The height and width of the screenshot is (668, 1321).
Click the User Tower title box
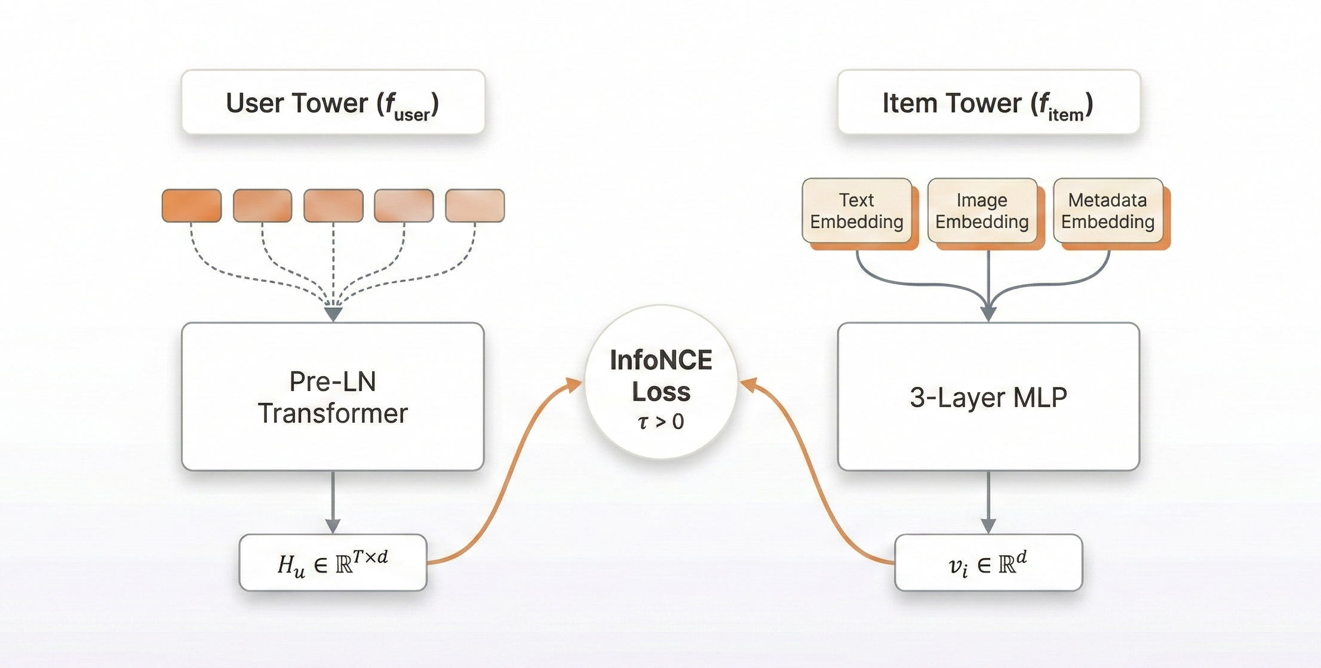[333, 102]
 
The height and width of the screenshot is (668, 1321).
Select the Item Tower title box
[989, 102]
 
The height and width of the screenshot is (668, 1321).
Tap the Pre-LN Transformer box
[333, 397]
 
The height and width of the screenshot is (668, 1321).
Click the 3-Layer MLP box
[989, 397]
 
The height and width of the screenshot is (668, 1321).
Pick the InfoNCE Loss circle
[661, 382]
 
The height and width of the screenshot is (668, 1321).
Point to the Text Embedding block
[858, 211]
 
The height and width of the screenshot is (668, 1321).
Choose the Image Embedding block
[983, 211]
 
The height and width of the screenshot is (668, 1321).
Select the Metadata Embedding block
[1108, 211]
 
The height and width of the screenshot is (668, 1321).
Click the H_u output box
[333, 563]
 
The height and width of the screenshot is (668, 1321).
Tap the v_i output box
[989, 563]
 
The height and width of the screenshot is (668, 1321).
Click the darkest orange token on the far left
[192, 206]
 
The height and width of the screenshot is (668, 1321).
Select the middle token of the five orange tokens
[333, 206]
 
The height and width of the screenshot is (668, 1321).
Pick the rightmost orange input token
[475, 206]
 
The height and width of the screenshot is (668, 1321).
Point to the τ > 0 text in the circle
[661, 422]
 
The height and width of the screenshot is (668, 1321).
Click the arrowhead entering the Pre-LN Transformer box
[333, 314]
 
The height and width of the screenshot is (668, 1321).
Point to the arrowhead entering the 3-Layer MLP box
[989, 314]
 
